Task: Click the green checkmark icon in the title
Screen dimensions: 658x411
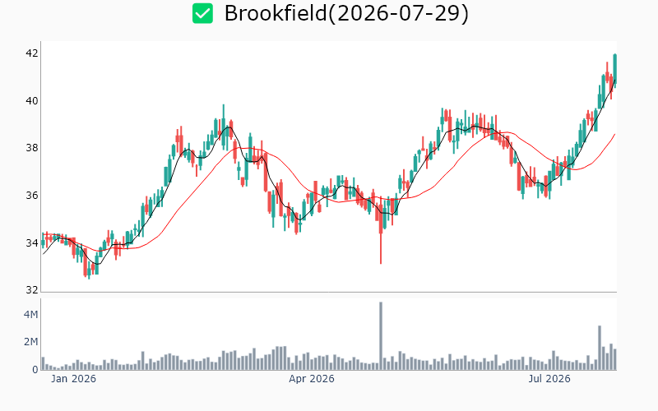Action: click(202, 13)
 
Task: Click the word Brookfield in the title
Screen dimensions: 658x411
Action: click(276, 13)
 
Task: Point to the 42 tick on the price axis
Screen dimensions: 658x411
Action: click(32, 53)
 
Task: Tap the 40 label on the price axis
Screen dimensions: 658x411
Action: click(32, 100)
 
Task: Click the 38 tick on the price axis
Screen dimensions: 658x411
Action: click(32, 148)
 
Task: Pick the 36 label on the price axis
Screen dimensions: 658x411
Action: click(32, 195)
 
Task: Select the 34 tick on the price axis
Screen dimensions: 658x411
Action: click(32, 242)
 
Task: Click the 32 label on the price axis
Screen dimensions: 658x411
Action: click(32, 290)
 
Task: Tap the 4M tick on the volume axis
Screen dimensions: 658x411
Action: click(30, 314)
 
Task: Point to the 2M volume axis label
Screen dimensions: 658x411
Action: click(30, 342)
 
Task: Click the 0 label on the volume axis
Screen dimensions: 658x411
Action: click(35, 369)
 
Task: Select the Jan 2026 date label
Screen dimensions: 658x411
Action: click(73, 379)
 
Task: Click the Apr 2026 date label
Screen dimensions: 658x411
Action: click(312, 379)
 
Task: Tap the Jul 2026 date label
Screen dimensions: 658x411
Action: click(549, 379)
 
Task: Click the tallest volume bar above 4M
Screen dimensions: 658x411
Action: click(381, 336)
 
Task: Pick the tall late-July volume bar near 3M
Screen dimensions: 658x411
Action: click(600, 348)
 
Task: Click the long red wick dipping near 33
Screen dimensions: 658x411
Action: click(381, 248)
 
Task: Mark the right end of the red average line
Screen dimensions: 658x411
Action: click(614, 134)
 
